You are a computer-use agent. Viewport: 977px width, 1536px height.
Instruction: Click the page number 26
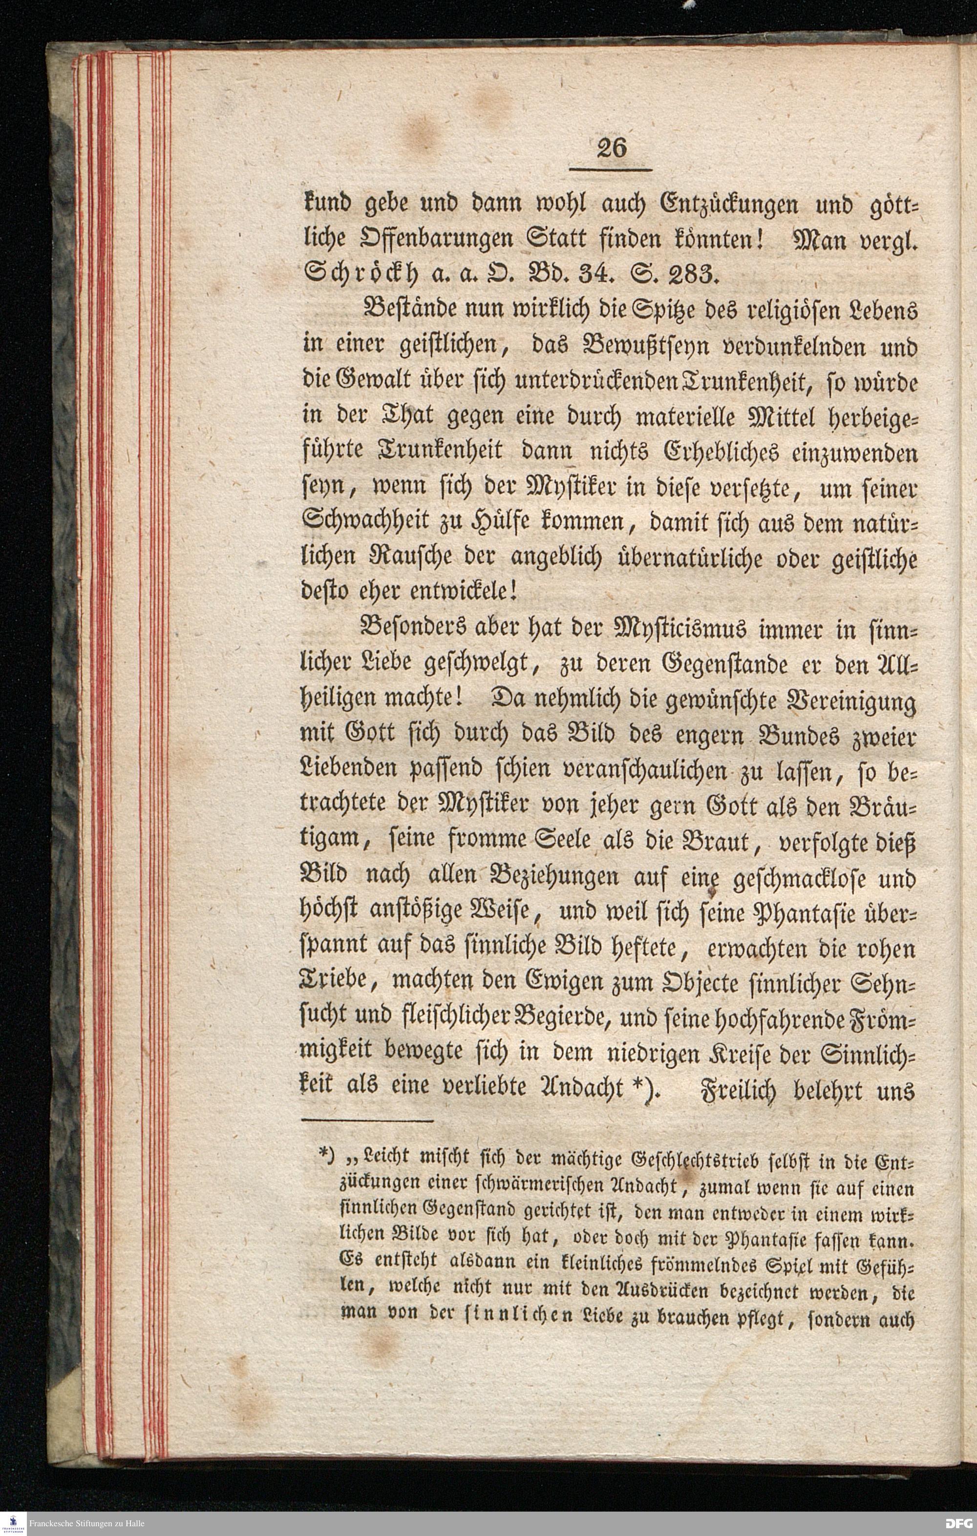point(611,148)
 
